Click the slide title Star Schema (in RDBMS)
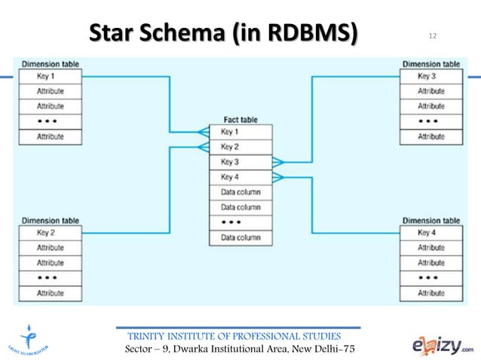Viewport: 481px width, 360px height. [x=224, y=34]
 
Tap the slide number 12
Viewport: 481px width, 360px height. [x=432, y=36]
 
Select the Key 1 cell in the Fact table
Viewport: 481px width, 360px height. [x=240, y=132]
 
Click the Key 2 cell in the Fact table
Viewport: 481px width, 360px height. [x=240, y=147]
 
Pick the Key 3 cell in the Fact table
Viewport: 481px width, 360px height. [x=240, y=162]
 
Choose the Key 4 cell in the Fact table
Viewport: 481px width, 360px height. [x=240, y=177]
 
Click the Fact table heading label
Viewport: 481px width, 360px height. [x=241, y=120]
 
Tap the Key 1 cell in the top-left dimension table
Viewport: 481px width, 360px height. [x=51, y=76]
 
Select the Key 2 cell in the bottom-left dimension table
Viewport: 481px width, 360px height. [x=51, y=233]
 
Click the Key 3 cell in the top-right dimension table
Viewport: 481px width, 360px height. [x=430, y=76]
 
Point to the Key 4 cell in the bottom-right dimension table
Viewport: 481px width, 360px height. [x=430, y=233]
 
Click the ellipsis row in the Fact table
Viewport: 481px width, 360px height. [x=240, y=222]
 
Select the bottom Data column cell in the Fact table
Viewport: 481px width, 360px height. [x=240, y=237]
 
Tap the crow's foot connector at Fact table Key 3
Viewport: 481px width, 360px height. [x=278, y=162]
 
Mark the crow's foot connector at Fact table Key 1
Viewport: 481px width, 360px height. [x=204, y=132]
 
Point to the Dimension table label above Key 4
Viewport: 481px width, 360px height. [x=430, y=221]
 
